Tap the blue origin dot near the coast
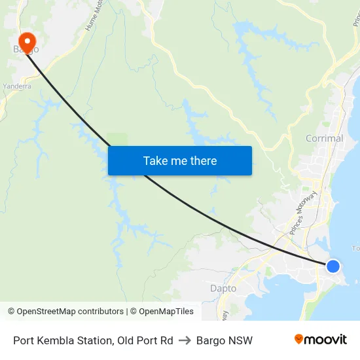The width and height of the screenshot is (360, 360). pyautogui.click(x=333, y=266)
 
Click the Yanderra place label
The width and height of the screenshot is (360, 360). pyautogui.click(x=17, y=86)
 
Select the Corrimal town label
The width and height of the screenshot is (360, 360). pyautogui.click(x=324, y=138)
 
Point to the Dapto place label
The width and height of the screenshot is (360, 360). pyautogui.click(x=223, y=288)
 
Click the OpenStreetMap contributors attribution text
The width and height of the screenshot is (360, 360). pyautogui.click(x=65, y=312)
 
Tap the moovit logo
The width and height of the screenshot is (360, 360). pyautogui.click(x=320, y=340)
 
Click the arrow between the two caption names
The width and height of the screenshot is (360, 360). pyautogui.click(x=185, y=340)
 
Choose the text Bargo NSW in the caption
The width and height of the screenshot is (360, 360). pyautogui.click(x=224, y=340)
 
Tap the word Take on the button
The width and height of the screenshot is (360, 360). pyautogui.click(x=156, y=160)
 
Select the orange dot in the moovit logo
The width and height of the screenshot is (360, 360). pyautogui.click(x=299, y=338)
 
